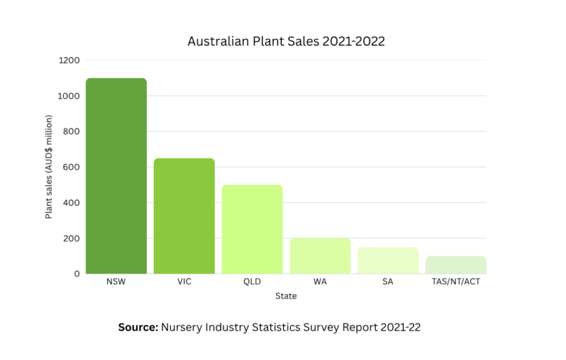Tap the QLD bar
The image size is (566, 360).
click(x=252, y=229)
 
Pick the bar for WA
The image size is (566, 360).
click(x=320, y=255)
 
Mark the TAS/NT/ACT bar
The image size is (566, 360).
click(x=456, y=264)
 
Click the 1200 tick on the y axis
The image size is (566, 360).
click(x=69, y=60)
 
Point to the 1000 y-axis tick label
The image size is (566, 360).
click(x=69, y=96)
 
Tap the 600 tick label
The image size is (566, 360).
click(x=72, y=167)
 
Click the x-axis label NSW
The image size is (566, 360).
click(x=116, y=282)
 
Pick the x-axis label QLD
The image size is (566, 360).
click(x=252, y=282)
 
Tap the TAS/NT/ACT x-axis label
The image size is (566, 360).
click(x=456, y=282)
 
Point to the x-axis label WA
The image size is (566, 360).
click(x=320, y=282)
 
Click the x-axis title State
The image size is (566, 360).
click(x=286, y=296)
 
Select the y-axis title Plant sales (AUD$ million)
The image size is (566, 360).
click(x=49, y=167)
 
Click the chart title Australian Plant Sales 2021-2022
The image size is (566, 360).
click(x=286, y=41)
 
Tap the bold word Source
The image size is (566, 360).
click(x=138, y=327)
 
